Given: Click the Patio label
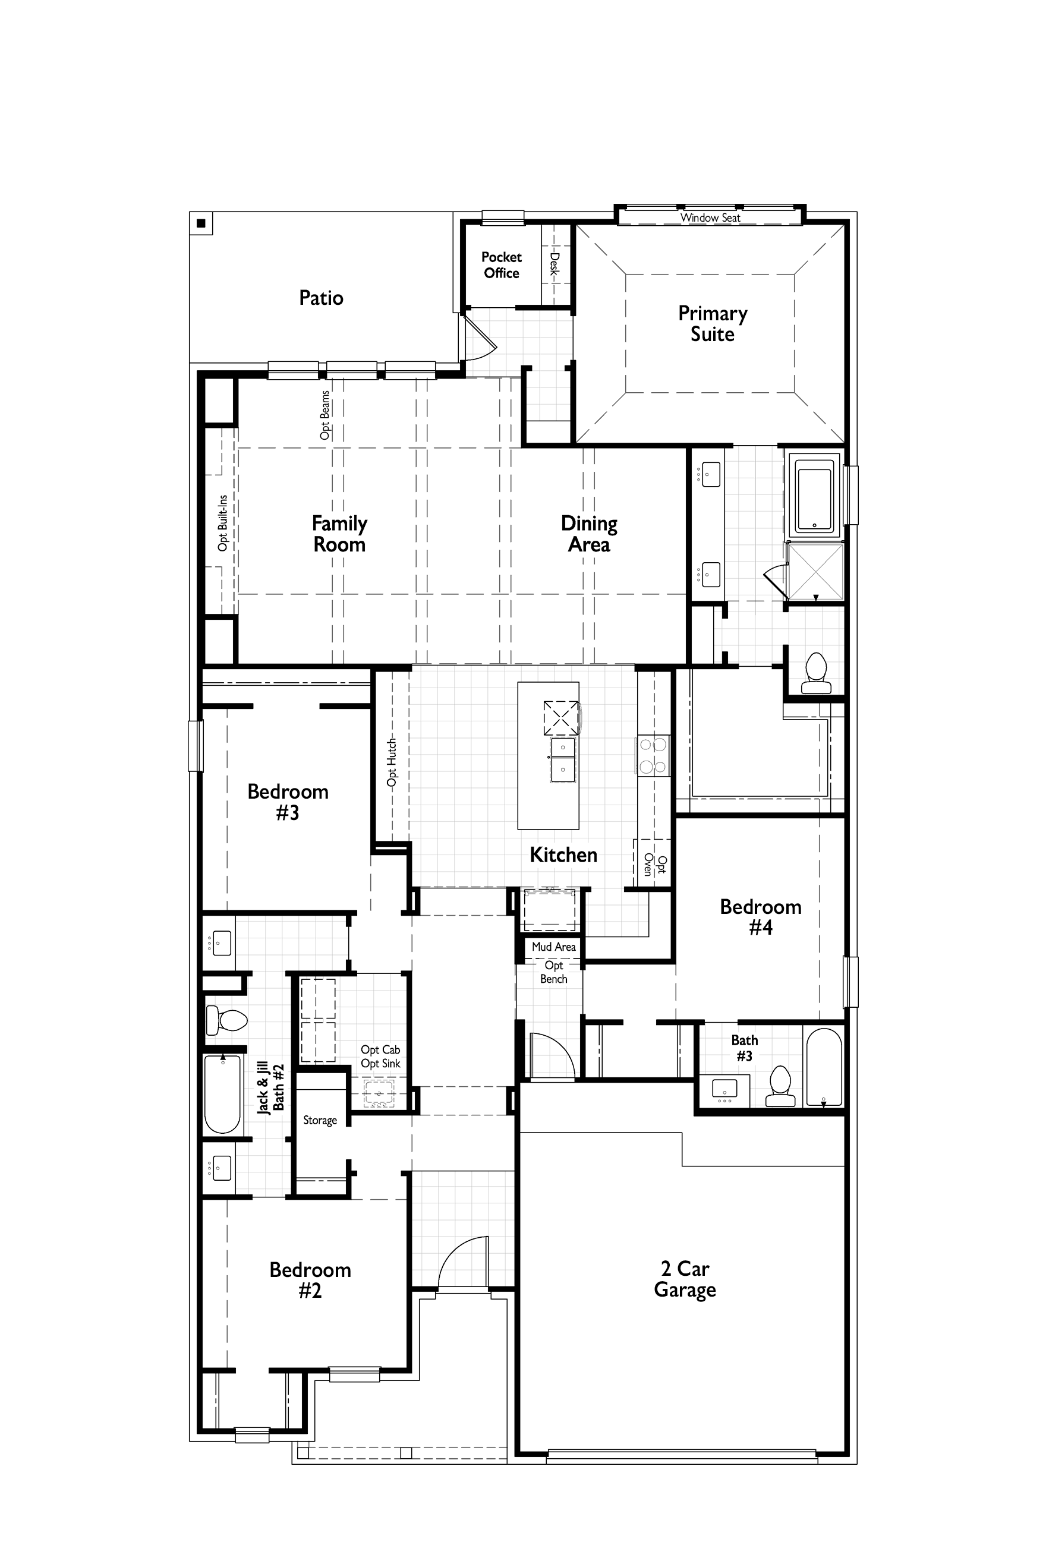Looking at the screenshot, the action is pyautogui.click(x=321, y=298).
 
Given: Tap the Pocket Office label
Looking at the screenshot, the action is pyautogui.click(x=502, y=265).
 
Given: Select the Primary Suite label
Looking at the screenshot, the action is pyautogui.click(x=713, y=323).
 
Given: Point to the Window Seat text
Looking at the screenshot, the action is pyautogui.click(x=710, y=217).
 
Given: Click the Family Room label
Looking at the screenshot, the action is pyautogui.click(x=339, y=534).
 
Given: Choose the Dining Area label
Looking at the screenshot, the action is pyautogui.click(x=589, y=534).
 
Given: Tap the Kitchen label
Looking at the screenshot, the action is pyautogui.click(x=563, y=854).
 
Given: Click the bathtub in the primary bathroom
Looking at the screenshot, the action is pyautogui.click(x=815, y=495).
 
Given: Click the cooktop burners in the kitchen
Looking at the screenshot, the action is pyautogui.click(x=653, y=756).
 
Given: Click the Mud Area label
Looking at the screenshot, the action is pyautogui.click(x=554, y=947).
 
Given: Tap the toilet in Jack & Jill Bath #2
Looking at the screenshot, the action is pyautogui.click(x=226, y=1020).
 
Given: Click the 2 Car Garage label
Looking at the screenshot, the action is pyautogui.click(x=685, y=1279).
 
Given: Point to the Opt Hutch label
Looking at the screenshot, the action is pyautogui.click(x=392, y=762).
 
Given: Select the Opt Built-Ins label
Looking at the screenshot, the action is pyautogui.click(x=223, y=523).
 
